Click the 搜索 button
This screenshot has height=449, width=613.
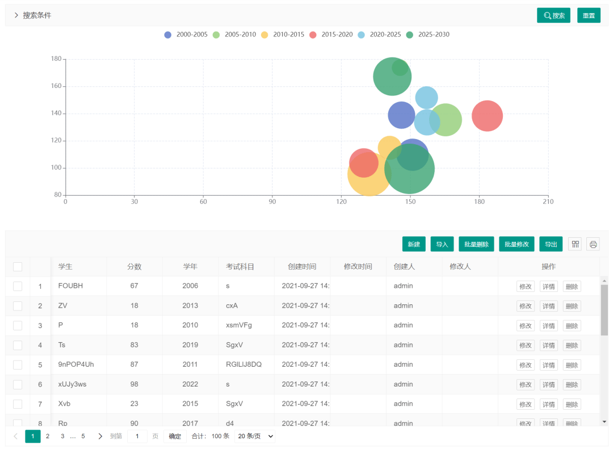coord(553,15)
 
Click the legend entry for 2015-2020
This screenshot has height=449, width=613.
coord(331,35)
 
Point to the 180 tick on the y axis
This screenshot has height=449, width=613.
coord(56,59)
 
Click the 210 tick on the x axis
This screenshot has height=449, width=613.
coord(548,202)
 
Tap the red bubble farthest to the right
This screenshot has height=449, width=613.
coord(487,115)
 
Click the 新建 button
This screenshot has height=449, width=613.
coord(414,244)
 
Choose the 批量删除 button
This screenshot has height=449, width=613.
coord(476,244)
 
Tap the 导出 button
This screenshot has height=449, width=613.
coord(551,244)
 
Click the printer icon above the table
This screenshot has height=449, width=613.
coord(593,244)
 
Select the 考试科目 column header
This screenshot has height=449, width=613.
coord(240,266)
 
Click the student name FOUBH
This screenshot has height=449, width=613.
coord(70,286)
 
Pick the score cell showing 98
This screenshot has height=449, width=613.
coord(134,384)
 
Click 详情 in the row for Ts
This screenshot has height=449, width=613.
coord(548,345)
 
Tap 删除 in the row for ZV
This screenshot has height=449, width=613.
coord(572,306)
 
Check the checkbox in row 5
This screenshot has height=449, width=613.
coord(18,365)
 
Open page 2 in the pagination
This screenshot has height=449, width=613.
coord(48,436)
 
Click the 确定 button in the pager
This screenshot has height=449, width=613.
coord(175,436)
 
